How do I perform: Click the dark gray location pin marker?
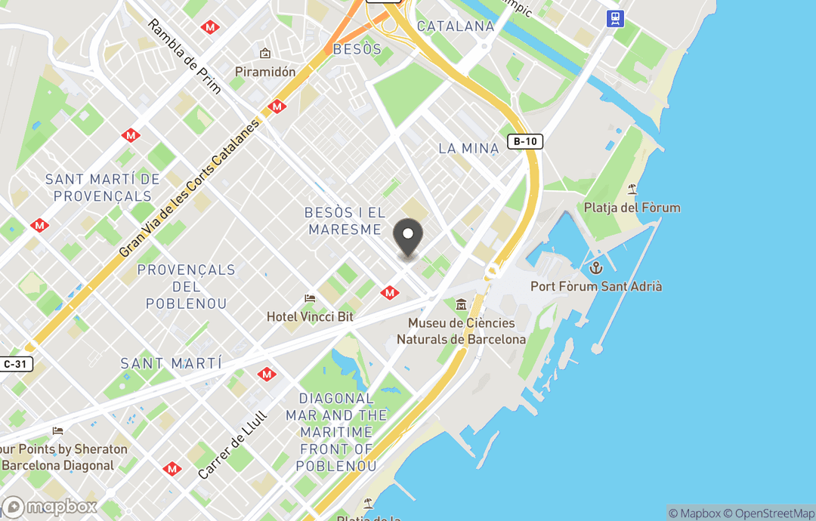click(409, 236)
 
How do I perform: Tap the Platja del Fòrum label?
click(632, 208)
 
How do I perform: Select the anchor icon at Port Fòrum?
click(596, 268)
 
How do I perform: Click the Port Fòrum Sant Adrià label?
click(596, 287)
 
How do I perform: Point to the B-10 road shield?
click(525, 141)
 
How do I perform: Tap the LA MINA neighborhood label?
click(468, 148)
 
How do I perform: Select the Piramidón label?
click(264, 72)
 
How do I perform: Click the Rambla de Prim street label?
click(184, 57)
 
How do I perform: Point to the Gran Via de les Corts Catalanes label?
click(189, 188)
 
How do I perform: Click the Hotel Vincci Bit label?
click(310, 317)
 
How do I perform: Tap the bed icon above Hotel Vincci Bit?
click(309, 300)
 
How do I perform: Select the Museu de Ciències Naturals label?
click(461, 331)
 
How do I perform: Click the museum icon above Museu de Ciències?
click(461, 304)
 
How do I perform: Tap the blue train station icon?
click(616, 18)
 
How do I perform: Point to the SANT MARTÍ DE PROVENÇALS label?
click(102, 188)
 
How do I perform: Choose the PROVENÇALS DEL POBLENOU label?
click(186, 287)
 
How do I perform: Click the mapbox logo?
click(50, 507)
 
